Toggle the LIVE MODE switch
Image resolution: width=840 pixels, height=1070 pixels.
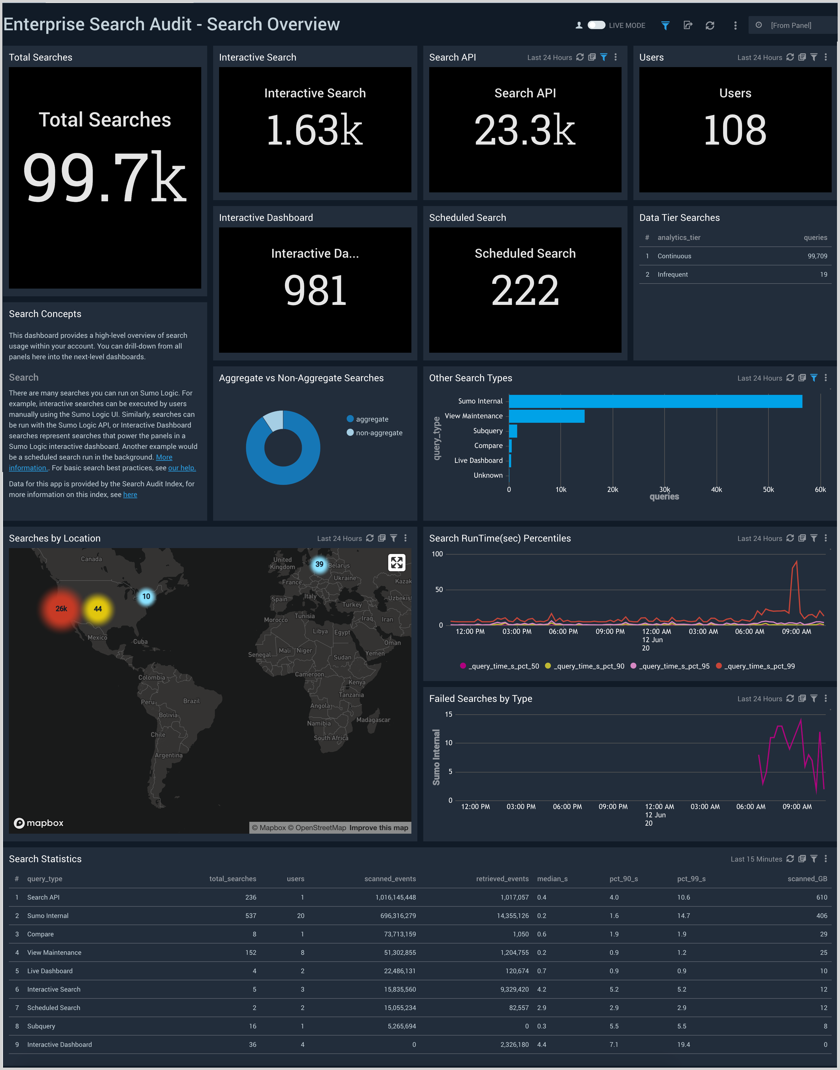point(596,25)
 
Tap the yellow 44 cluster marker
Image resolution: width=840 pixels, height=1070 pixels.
point(98,609)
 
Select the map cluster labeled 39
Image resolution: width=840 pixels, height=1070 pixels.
point(319,564)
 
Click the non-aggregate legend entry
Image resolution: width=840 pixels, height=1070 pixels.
point(379,433)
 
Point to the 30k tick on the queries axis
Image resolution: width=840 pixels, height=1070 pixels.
point(664,490)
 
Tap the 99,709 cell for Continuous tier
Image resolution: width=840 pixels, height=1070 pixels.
point(817,256)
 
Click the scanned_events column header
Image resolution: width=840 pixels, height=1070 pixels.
point(390,879)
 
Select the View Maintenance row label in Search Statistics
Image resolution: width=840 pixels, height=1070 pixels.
point(54,952)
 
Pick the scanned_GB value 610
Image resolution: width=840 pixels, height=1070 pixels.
point(821,897)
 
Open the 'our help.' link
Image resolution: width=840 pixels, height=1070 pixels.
point(181,468)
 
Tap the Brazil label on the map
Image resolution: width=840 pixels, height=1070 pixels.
point(191,701)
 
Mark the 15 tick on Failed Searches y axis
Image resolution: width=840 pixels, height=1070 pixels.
point(448,714)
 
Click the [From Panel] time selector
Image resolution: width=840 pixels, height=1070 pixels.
point(790,25)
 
